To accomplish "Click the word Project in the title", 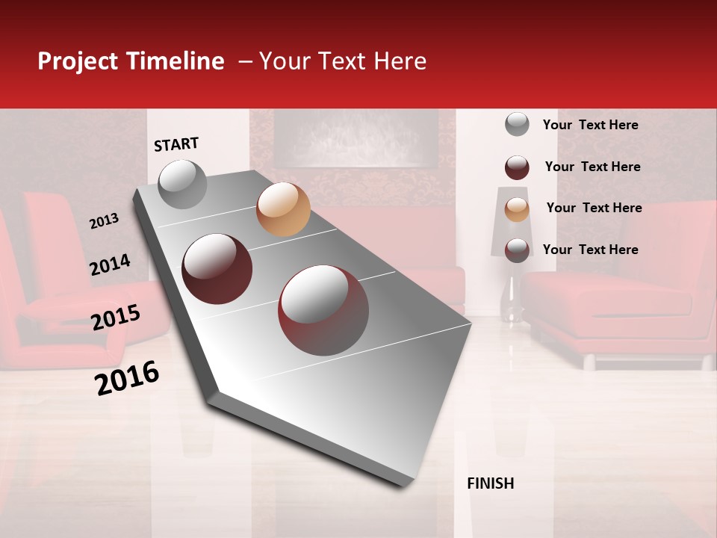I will [78, 61].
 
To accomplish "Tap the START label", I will [176, 144].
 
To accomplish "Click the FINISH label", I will [491, 483].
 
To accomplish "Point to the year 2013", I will [105, 221].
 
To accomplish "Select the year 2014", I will [111, 265].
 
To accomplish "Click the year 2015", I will [116, 318].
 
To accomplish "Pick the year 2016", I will [127, 378].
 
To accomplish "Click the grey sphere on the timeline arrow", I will [182, 184].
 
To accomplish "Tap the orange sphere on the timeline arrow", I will [283, 209].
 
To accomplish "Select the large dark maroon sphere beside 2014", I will [217, 269].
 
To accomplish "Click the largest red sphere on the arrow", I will [323, 310].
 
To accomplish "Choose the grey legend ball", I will [517, 124].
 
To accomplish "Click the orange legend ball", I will [517, 209].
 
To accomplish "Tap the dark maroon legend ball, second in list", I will [517, 167].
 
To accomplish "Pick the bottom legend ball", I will [517, 250].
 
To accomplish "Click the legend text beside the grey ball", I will [590, 125].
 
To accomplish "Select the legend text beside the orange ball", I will [594, 208].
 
